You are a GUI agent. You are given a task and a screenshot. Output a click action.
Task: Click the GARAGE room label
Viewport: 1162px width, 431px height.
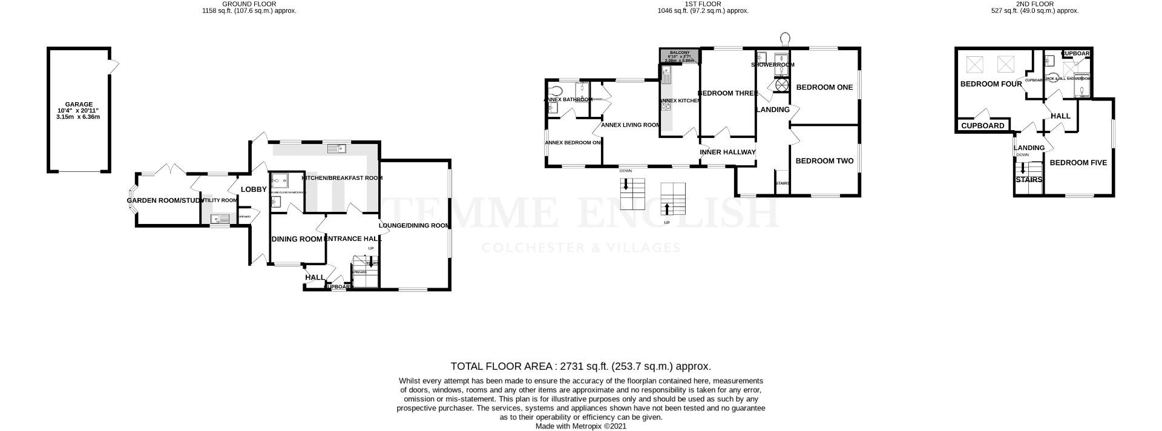pos(79,104)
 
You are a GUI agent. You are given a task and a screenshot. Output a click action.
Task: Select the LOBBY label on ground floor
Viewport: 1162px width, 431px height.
pos(254,189)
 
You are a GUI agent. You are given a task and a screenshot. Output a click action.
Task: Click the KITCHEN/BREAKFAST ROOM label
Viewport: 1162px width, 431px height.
pos(342,178)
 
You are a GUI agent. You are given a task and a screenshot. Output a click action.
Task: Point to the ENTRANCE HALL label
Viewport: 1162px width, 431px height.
pos(352,239)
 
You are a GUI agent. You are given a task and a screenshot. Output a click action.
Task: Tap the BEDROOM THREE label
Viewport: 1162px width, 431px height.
pos(728,93)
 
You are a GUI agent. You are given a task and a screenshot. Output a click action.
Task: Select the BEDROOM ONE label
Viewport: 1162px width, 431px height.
pos(824,87)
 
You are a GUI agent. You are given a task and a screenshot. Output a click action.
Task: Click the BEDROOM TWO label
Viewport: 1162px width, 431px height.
pos(824,161)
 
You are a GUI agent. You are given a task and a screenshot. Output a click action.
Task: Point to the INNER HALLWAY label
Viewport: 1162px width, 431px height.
pos(728,152)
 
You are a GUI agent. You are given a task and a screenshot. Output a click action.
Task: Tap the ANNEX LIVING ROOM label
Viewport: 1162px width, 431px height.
pos(630,125)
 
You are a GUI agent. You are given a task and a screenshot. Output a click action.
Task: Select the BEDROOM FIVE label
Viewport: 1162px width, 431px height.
pos(1078,163)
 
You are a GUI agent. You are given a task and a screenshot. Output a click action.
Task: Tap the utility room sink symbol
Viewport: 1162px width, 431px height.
pos(218,220)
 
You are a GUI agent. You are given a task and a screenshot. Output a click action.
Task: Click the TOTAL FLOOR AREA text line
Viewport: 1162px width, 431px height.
pos(580,366)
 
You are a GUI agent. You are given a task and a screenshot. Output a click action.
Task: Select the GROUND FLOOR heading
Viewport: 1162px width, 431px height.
pos(249,4)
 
